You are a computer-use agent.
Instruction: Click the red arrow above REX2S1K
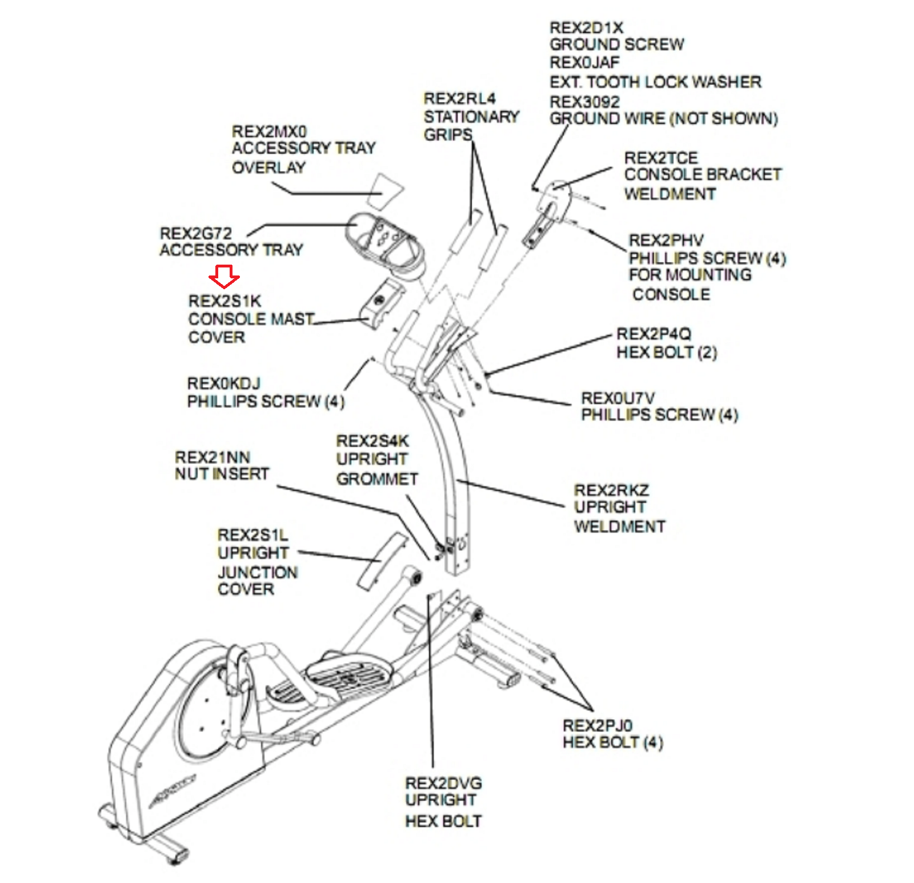pyautogui.click(x=224, y=276)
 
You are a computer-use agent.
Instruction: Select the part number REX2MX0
pyautogui.click(x=269, y=131)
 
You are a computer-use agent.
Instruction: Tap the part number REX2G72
pyautogui.click(x=196, y=233)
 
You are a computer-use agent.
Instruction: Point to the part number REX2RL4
pyautogui.click(x=459, y=98)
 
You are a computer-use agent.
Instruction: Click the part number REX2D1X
pyautogui.click(x=586, y=27)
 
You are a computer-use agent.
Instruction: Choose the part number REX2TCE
pyautogui.click(x=661, y=158)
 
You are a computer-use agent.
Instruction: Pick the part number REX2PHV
pyautogui.click(x=666, y=240)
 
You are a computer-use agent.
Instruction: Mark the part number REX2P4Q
pyautogui.click(x=654, y=334)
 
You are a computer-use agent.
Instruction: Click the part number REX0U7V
pyautogui.click(x=618, y=398)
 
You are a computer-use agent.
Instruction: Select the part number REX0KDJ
pyautogui.click(x=223, y=383)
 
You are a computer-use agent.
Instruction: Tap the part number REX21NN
pyautogui.click(x=213, y=457)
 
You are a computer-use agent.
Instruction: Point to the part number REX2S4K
pyautogui.click(x=372, y=441)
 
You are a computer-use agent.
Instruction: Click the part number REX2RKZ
pyautogui.click(x=611, y=490)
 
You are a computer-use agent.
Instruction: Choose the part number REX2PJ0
pyautogui.click(x=598, y=725)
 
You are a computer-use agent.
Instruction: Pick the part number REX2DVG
pyautogui.click(x=443, y=783)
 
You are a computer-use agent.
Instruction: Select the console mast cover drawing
pyautogui.click(x=382, y=303)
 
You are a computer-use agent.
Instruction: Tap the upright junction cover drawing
pyautogui.click(x=382, y=561)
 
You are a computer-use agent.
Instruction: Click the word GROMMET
pyautogui.click(x=377, y=479)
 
